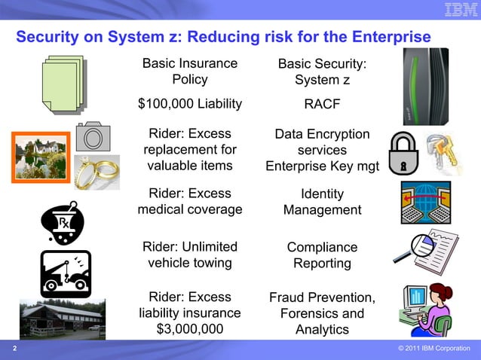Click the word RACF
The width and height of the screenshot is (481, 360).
coord(322,105)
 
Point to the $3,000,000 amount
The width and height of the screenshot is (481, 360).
coord(190,329)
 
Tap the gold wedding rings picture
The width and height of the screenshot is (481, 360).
coord(97,170)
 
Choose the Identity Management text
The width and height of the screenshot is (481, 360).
coord(322,202)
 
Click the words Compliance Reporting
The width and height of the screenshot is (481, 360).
coord(322,255)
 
